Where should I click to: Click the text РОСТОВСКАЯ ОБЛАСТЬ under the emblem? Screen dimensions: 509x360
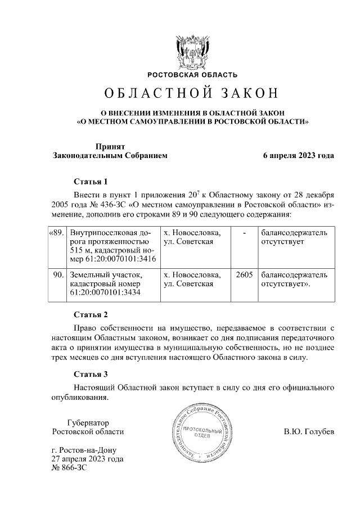pos(192,75)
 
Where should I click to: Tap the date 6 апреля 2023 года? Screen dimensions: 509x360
pos(299,156)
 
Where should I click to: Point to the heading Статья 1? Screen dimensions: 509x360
pos(91,182)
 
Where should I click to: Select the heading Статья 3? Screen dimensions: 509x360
pos(91,374)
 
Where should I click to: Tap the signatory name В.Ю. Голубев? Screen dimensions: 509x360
pos(309,432)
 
